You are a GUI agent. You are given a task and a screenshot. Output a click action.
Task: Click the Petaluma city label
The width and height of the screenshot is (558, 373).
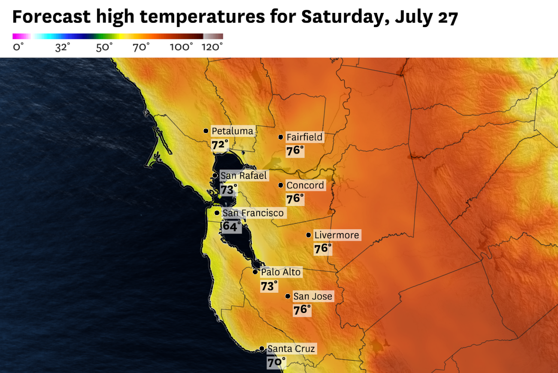(x=233, y=131)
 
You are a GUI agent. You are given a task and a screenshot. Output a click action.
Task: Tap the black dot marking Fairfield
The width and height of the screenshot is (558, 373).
(x=281, y=137)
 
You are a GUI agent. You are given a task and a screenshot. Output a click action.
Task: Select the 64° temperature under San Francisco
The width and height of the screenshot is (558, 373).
(x=232, y=226)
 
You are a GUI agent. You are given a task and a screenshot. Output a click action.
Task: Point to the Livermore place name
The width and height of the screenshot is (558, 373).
(x=337, y=235)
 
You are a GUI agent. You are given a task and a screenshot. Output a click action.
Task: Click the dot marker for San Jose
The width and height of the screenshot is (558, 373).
(x=288, y=296)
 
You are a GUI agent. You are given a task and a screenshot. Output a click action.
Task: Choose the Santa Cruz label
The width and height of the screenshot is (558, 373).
(x=291, y=349)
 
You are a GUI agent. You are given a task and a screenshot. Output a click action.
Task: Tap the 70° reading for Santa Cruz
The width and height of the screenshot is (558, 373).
(x=276, y=362)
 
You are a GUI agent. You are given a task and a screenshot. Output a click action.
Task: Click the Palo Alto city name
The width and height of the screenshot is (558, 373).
(x=281, y=272)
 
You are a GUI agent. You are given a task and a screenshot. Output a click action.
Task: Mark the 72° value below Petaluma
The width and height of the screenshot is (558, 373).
(x=220, y=145)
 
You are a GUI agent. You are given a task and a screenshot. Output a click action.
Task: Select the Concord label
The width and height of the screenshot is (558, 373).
(x=305, y=185)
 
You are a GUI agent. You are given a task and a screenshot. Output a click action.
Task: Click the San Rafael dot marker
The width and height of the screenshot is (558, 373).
(x=215, y=176)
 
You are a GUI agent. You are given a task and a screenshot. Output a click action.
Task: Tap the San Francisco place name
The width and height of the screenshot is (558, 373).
(x=253, y=213)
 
